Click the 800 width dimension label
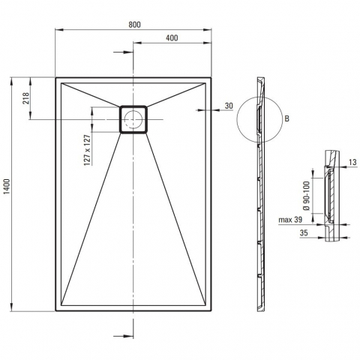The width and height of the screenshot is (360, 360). pos(134,25)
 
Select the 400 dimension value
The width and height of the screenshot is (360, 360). pos(172,37)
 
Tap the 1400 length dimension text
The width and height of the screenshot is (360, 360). pos(7,187)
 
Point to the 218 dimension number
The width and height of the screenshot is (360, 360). pos(26,98)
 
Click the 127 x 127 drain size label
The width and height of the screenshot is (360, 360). pos(87,150)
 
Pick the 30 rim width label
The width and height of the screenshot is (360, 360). pos(229,106)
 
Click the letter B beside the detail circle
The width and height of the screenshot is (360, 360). pos(286,118)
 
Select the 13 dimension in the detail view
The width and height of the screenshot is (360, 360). pos(352,162)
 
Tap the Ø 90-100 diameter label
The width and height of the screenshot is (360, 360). pos(307,196)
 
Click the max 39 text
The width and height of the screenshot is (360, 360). pos(290,220)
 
